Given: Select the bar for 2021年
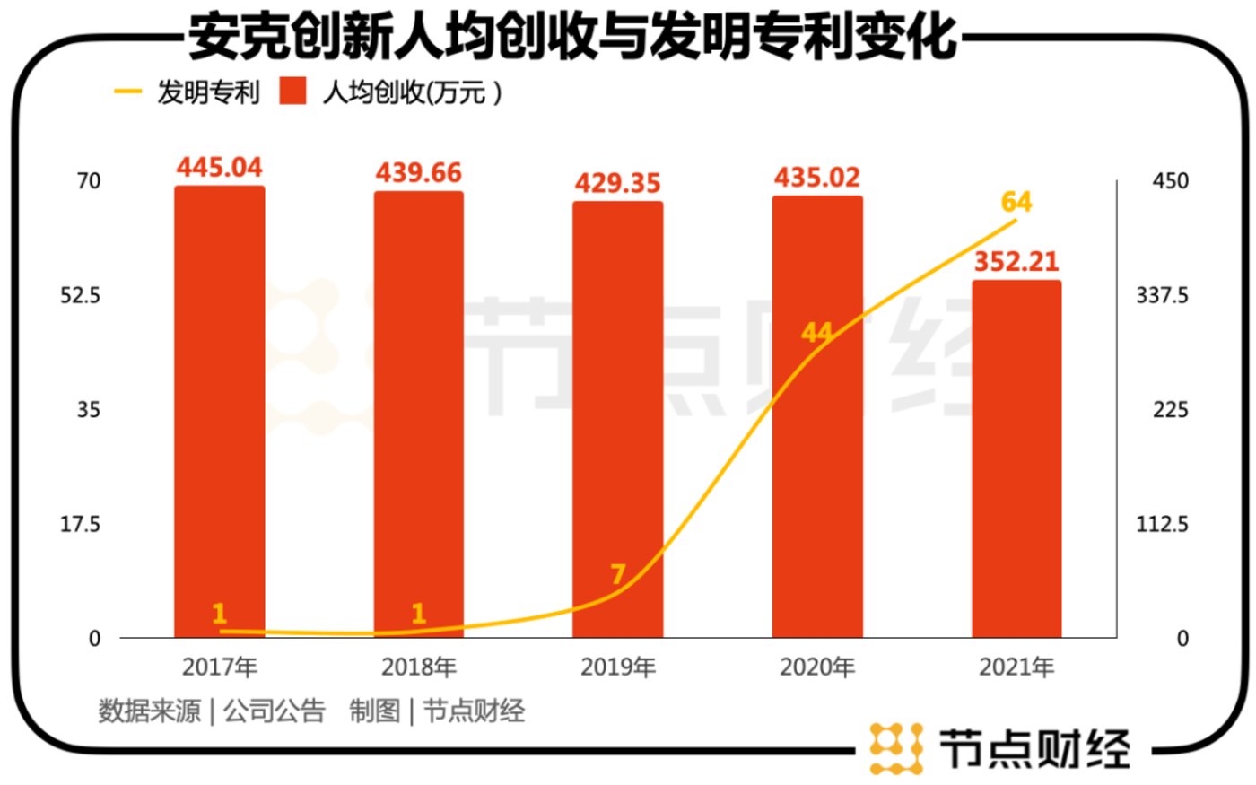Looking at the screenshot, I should [1016, 458].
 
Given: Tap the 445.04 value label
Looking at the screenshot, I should [219, 167].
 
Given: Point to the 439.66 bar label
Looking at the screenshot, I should [418, 172].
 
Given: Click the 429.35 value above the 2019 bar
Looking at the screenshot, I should [617, 183].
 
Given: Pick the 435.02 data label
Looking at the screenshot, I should [816, 178].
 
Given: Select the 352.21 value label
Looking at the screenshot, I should [1016, 261].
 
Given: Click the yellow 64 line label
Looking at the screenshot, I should [1016, 202].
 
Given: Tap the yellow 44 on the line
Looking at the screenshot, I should [816, 333].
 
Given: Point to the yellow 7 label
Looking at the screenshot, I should [617, 574].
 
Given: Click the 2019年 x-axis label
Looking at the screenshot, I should [617, 667].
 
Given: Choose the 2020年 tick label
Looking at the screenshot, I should [816, 667].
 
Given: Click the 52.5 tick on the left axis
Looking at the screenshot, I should [80, 295].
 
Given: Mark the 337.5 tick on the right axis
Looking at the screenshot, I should [1162, 295].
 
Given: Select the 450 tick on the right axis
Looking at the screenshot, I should [1170, 180].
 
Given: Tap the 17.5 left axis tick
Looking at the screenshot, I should [80, 524].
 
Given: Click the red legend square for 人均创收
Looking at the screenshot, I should [292, 92].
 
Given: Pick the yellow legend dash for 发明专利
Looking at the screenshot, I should [128, 92].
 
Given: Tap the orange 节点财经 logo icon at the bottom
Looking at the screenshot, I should [895, 747].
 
